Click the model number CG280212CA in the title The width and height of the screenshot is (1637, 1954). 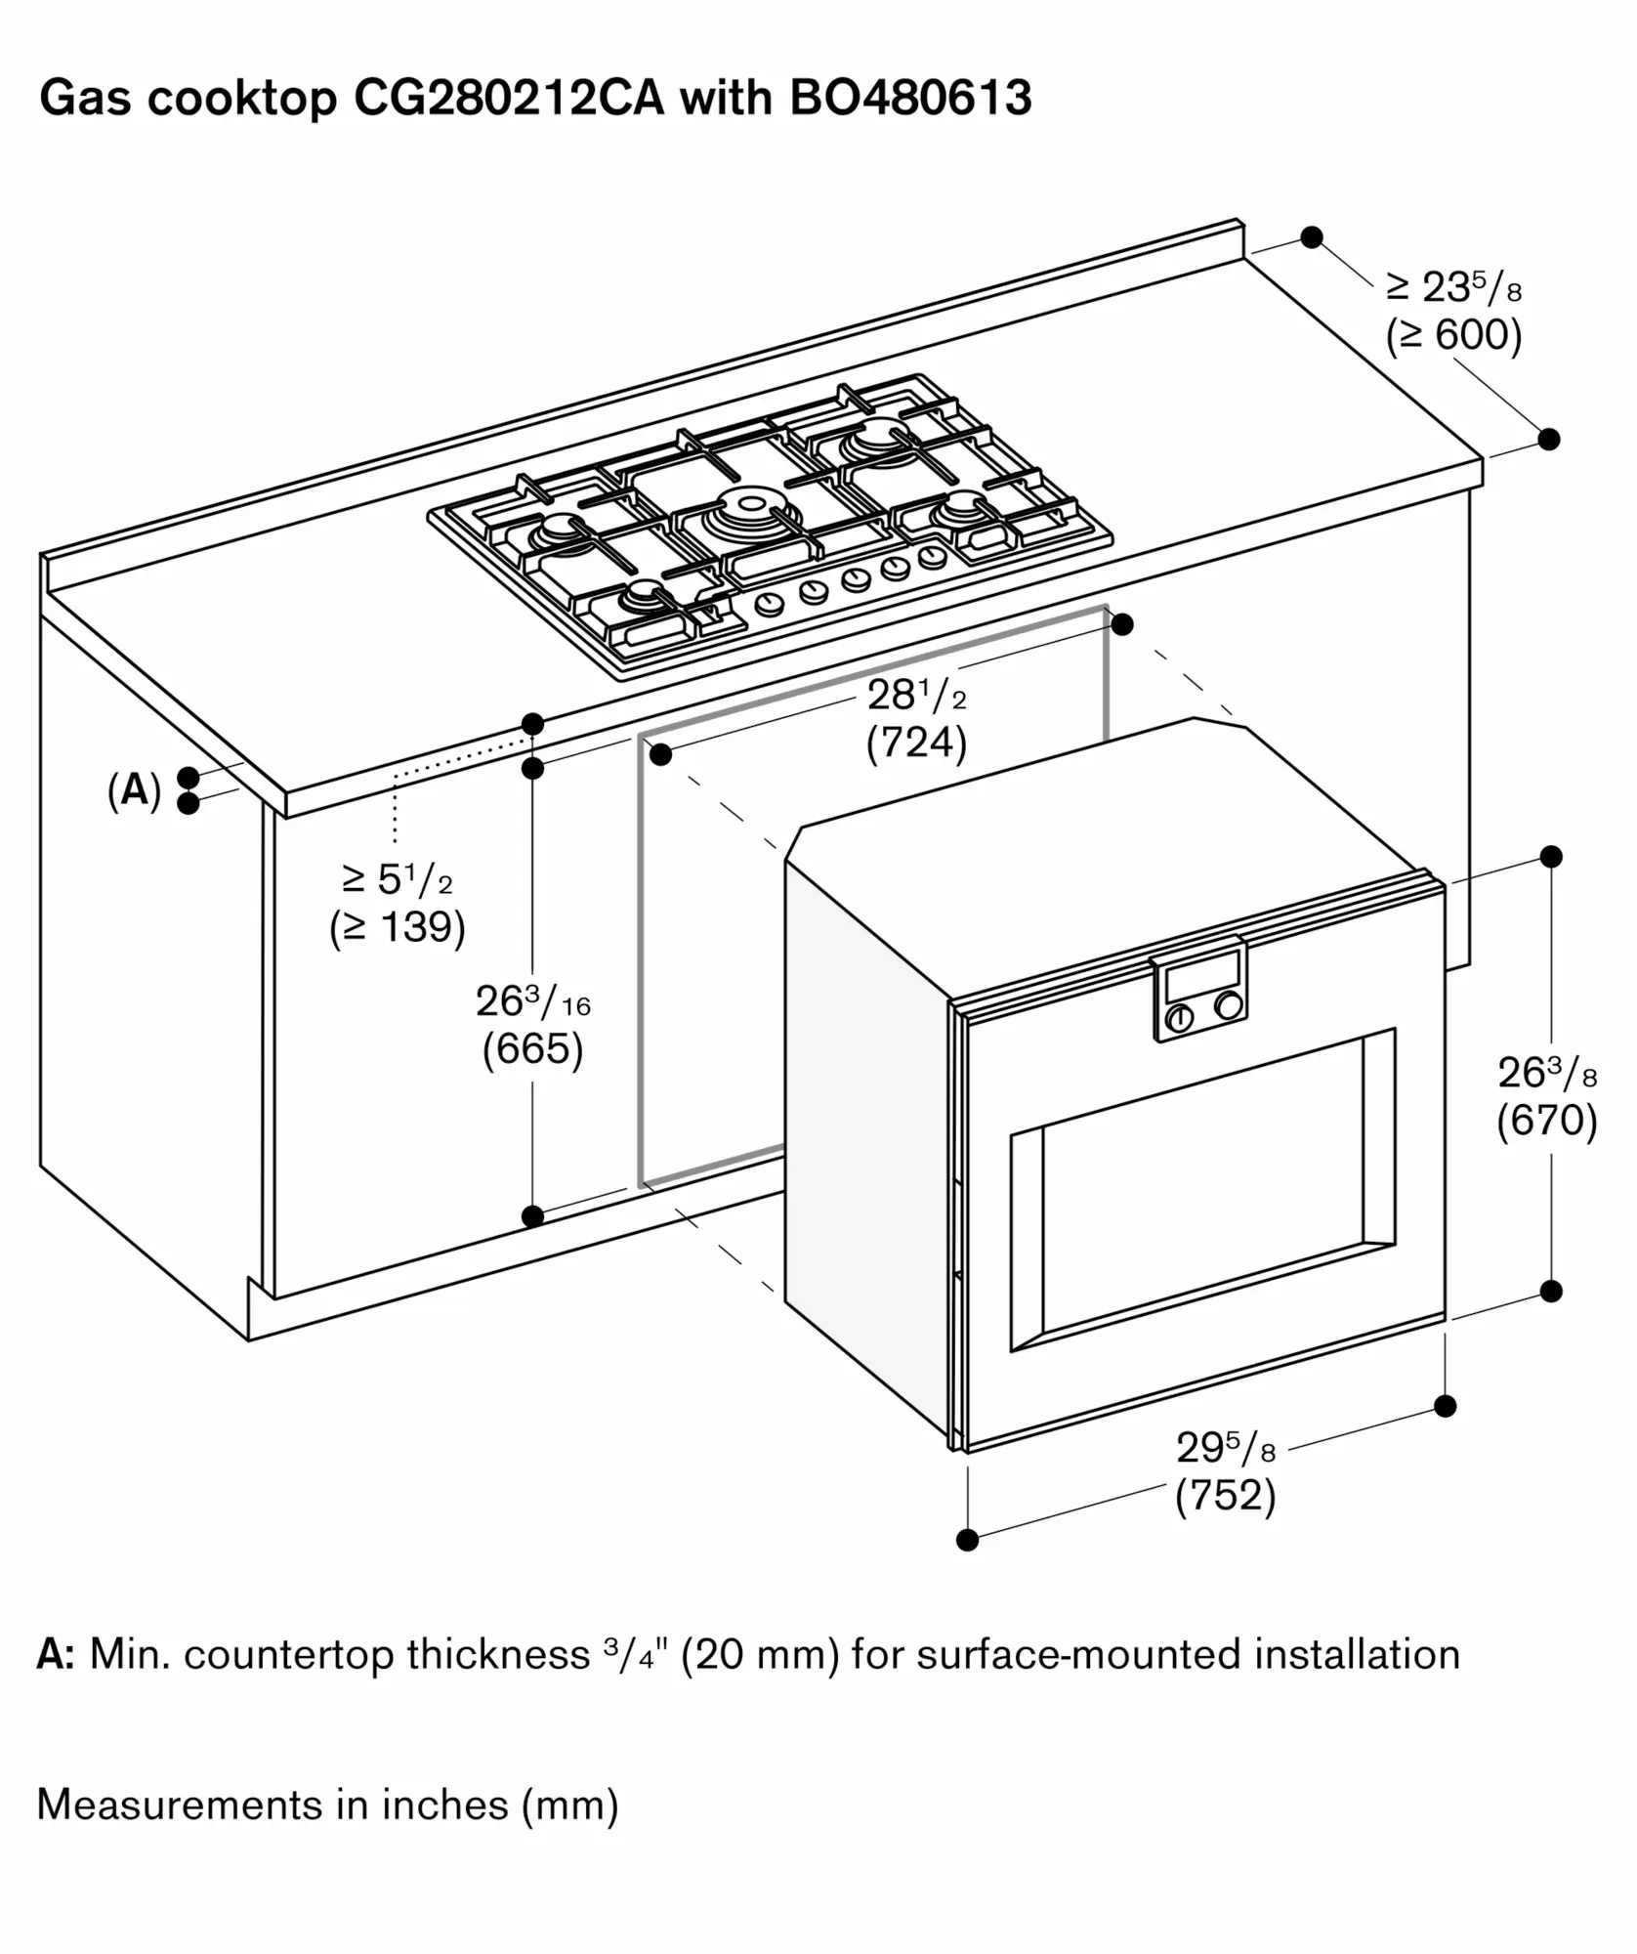tap(508, 98)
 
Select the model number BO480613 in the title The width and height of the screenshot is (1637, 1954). tap(910, 98)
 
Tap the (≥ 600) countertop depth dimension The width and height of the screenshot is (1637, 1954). tap(1453, 335)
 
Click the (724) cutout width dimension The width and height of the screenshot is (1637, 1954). tap(916, 743)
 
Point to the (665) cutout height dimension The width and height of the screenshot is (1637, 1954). tap(532, 1049)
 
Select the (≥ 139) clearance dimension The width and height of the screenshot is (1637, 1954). tap(398, 927)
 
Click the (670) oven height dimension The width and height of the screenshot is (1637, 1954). tap(1547, 1121)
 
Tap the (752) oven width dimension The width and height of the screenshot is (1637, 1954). tap(1225, 1496)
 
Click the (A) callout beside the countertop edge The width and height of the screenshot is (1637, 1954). tap(134, 789)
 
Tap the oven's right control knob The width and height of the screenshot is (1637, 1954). tap(1230, 1006)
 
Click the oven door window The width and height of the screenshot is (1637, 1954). tap(1202, 1190)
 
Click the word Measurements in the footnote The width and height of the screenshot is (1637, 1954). tap(177, 1805)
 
